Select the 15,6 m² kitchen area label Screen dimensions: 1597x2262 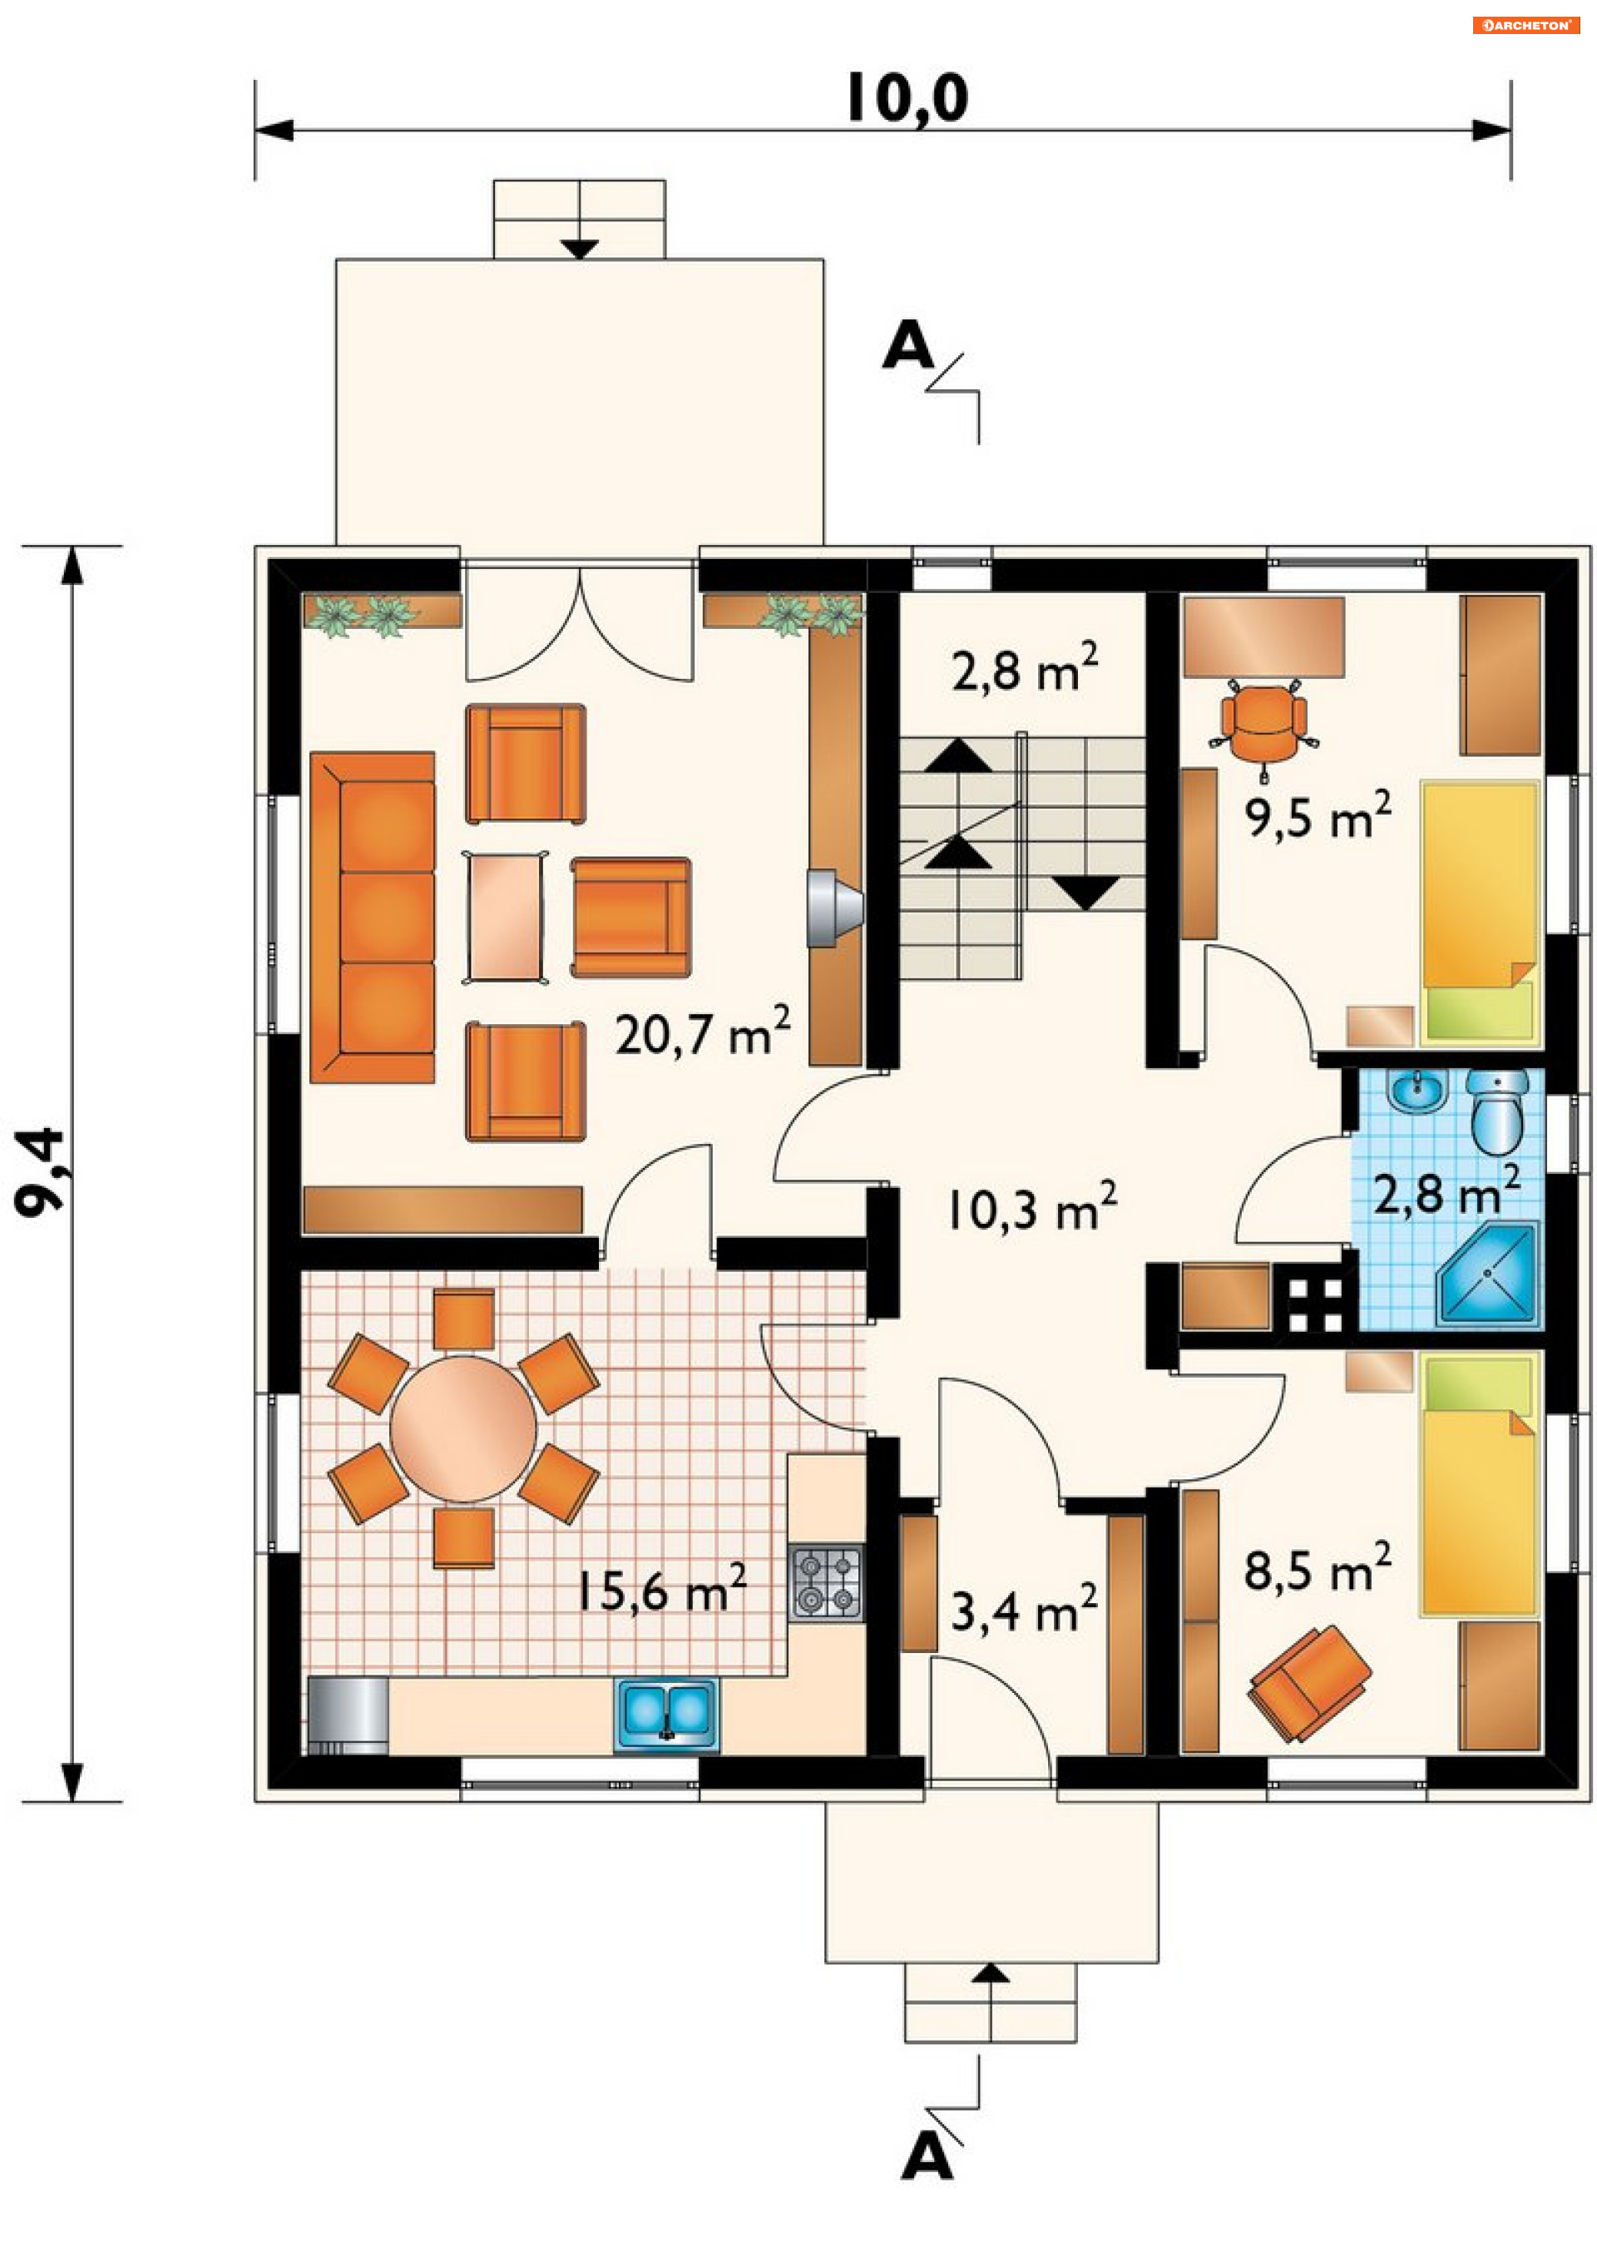661,1587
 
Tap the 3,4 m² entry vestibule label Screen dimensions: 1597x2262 1025,1610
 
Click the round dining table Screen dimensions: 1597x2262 463,1428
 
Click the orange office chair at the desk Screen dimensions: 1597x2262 1264,724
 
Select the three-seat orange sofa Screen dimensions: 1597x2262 373,918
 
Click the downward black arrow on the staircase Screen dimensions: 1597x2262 1086,893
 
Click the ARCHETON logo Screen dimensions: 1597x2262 1526,26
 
